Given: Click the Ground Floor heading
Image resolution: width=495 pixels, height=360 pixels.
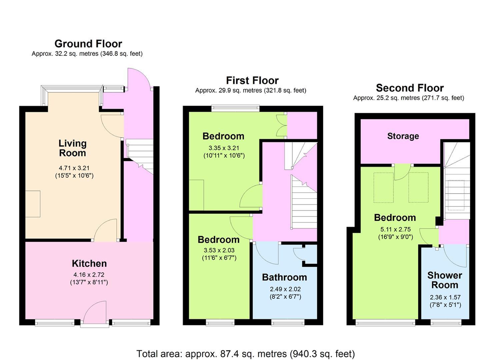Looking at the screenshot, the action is tap(88, 44).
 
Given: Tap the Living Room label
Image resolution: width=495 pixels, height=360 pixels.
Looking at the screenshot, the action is tap(72, 148).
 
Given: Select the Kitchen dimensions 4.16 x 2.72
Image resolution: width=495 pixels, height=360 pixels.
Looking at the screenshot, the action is tap(89, 275).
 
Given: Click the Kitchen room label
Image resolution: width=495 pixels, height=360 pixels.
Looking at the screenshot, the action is tap(89, 263).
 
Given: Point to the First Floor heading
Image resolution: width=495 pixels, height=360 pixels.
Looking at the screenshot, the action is tap(252, 80).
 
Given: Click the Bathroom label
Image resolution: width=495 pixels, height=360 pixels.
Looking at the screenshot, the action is tap(284, 277).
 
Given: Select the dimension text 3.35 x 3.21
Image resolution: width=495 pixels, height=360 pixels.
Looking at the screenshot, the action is tap(224, 148).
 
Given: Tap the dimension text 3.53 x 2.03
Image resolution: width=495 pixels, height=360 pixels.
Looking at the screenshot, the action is tap(219, 250).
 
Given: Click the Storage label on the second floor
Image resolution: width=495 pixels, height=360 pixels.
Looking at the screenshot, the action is tap(403, 136).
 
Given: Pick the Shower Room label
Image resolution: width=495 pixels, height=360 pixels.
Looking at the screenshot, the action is tap(445, 280).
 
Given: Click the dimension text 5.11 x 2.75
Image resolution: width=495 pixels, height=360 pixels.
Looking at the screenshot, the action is tap(395, 229).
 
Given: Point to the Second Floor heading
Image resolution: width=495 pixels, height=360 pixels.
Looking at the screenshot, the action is tap(410, 88).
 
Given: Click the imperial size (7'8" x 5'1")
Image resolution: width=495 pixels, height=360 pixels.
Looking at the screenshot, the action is tap(445, 305).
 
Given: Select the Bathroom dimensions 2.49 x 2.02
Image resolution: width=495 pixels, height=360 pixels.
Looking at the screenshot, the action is tap(285, 289).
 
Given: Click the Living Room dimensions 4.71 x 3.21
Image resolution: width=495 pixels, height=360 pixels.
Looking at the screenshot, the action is tap(74, 168).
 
